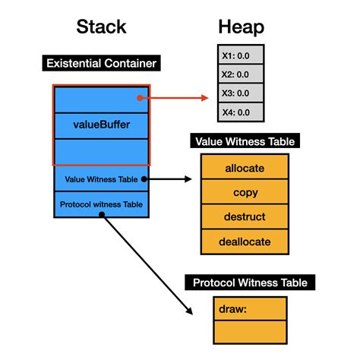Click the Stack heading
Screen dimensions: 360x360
click(101, 29)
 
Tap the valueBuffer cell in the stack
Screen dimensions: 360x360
click(101, 125)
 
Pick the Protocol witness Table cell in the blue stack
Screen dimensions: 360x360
click(101, 204)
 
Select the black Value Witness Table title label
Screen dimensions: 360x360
click(244, 141)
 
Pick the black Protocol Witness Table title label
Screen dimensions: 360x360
click(249, 283)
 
